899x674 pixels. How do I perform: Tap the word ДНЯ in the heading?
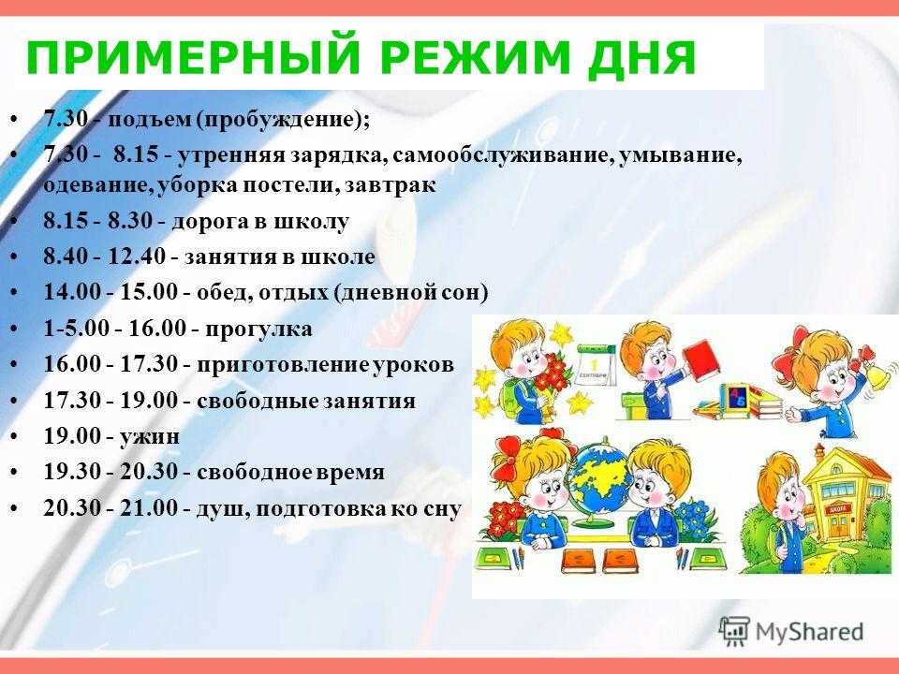(642, 58)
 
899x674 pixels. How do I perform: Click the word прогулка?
(259, 330)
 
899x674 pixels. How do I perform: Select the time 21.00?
(149, 507)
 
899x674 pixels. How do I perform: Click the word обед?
(223, 292)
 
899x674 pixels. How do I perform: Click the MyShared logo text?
(809, 632)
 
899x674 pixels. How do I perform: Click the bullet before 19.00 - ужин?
(14, 437)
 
